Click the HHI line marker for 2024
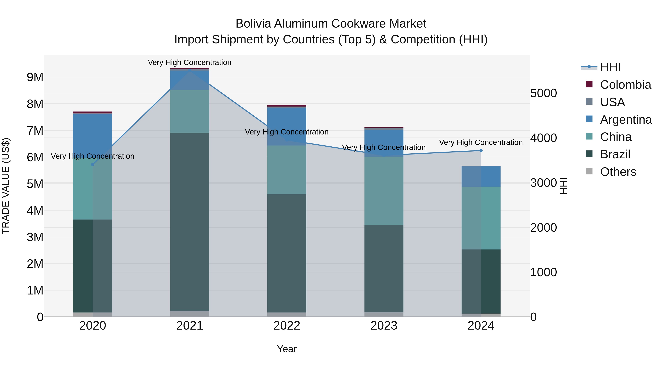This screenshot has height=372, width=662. click(x=481, y=151)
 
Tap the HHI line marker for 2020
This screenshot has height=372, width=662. click(x=93, y=165)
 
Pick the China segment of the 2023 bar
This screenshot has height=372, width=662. click(x=384, y=191)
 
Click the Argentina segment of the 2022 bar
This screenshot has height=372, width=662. click(x=287, y=126)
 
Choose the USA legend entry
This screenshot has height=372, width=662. click(x=612, y=102)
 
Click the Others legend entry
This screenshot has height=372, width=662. click(x=618, y=172)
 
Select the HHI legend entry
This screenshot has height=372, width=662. click(x=610, y=67)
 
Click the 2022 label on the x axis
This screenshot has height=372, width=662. click(x=287, y=326)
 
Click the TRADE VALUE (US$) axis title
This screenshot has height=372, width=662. click(x=6, y=186)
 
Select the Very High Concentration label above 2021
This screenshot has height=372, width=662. click(x=190, y=62)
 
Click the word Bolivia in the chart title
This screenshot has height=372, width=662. click(x=253, y=24)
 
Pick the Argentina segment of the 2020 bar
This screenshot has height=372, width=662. click(x=93, y=135)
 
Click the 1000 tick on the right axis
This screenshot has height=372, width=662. click(x=543, y=272)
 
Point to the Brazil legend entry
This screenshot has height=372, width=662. click(x=615, y=154)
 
